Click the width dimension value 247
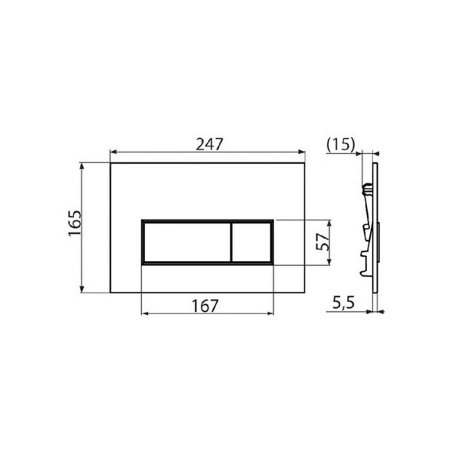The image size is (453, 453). [x=209, y=143]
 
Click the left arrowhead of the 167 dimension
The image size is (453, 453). [x=144, y=316]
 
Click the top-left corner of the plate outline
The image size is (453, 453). [x=111, y=160]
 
